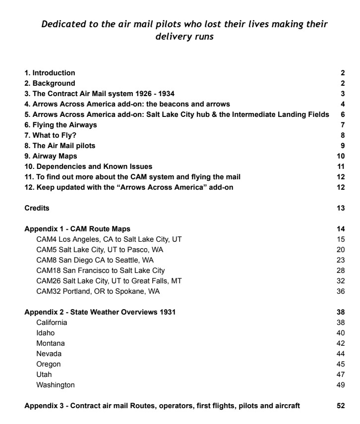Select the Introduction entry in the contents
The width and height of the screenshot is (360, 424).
(x=50, y=73)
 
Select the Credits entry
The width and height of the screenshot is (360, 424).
(x=37, y=208)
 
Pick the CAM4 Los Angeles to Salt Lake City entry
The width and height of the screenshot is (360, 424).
(x=109, y=239)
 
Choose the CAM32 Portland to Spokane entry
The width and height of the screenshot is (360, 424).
(x=98, y=291)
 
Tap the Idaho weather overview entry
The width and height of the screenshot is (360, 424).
(x=45, y=333)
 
